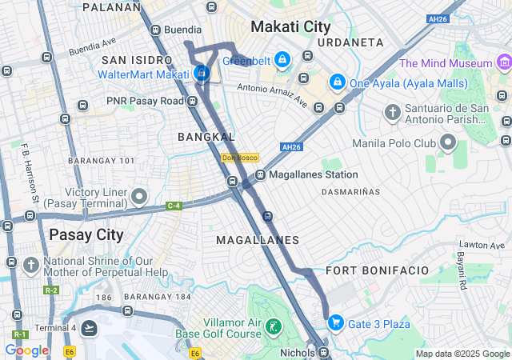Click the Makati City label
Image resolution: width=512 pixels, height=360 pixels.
[290, 26]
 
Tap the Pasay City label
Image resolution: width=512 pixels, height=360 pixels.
[86, 234]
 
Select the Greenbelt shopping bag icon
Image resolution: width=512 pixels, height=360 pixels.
[282, 60]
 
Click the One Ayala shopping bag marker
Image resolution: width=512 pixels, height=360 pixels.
[338, 82]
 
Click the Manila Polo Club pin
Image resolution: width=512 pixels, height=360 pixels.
[447, 144]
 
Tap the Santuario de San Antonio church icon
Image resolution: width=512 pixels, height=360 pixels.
[392, 111]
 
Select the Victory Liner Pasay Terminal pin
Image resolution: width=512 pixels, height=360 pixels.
[140, 196]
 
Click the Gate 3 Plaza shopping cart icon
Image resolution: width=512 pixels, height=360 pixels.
[335, 323]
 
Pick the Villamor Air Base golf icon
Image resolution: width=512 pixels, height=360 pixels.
[274, 326]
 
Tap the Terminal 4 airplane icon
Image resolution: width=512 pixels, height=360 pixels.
[89, 327]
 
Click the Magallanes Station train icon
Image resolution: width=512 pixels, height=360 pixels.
[260, 175]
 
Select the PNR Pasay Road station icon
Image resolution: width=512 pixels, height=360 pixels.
[193, 101]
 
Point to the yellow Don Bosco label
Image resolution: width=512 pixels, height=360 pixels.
[238, 158]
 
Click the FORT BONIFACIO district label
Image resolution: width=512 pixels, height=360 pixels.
[378, 270]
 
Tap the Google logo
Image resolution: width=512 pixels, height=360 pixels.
[26, 350]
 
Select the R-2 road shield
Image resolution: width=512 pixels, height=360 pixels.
[52, 290]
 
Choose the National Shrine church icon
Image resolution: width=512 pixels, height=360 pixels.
[31, 265]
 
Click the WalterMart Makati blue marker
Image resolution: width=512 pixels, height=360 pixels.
[202, 74]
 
